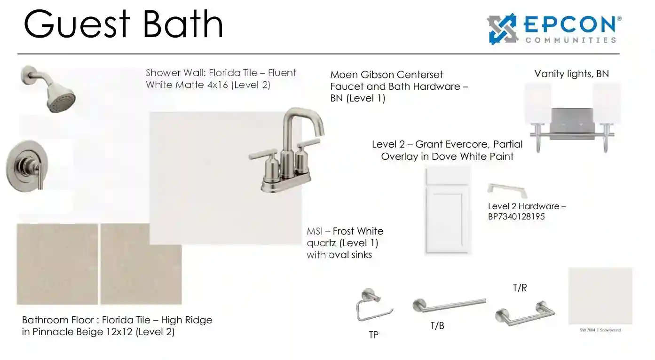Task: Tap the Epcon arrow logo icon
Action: click(502, 29)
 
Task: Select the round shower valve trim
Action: click(27, 166)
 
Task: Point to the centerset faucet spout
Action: click(304, 123)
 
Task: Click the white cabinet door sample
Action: click(448, 211)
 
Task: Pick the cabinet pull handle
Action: click(507, 190)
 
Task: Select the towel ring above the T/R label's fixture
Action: click(525, 313)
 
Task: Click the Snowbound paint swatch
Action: click(600, 296)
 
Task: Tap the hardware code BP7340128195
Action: click(516, 217)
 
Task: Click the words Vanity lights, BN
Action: click(572, 74)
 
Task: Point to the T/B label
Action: click(437, 326)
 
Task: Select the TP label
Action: click(374, 335)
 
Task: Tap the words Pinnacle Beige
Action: click(82, 332)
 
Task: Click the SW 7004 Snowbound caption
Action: click(600, 330)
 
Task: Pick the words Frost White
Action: click(358, 231)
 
